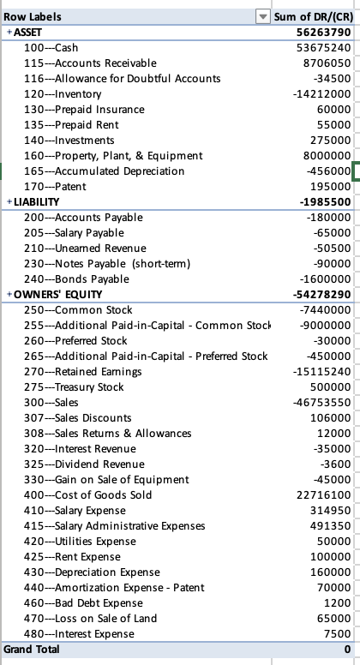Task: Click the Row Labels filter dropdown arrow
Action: [x=263, y=17]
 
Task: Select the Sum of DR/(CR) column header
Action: [x=312, y=17]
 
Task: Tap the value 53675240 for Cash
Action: [x=321, y=47]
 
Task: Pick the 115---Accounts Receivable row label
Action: [x=90, y=63]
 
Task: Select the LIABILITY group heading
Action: [x=36, y=201]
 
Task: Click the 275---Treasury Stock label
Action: [x=75, y=386]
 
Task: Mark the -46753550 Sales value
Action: [x=320, y=402]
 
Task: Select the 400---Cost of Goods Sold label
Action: [x=88, y=494]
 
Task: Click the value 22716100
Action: [x=321, y=494]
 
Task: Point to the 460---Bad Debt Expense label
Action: [x=84, y=602]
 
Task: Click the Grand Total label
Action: [x=32, y=650]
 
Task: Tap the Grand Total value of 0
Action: [x=346, y=650]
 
